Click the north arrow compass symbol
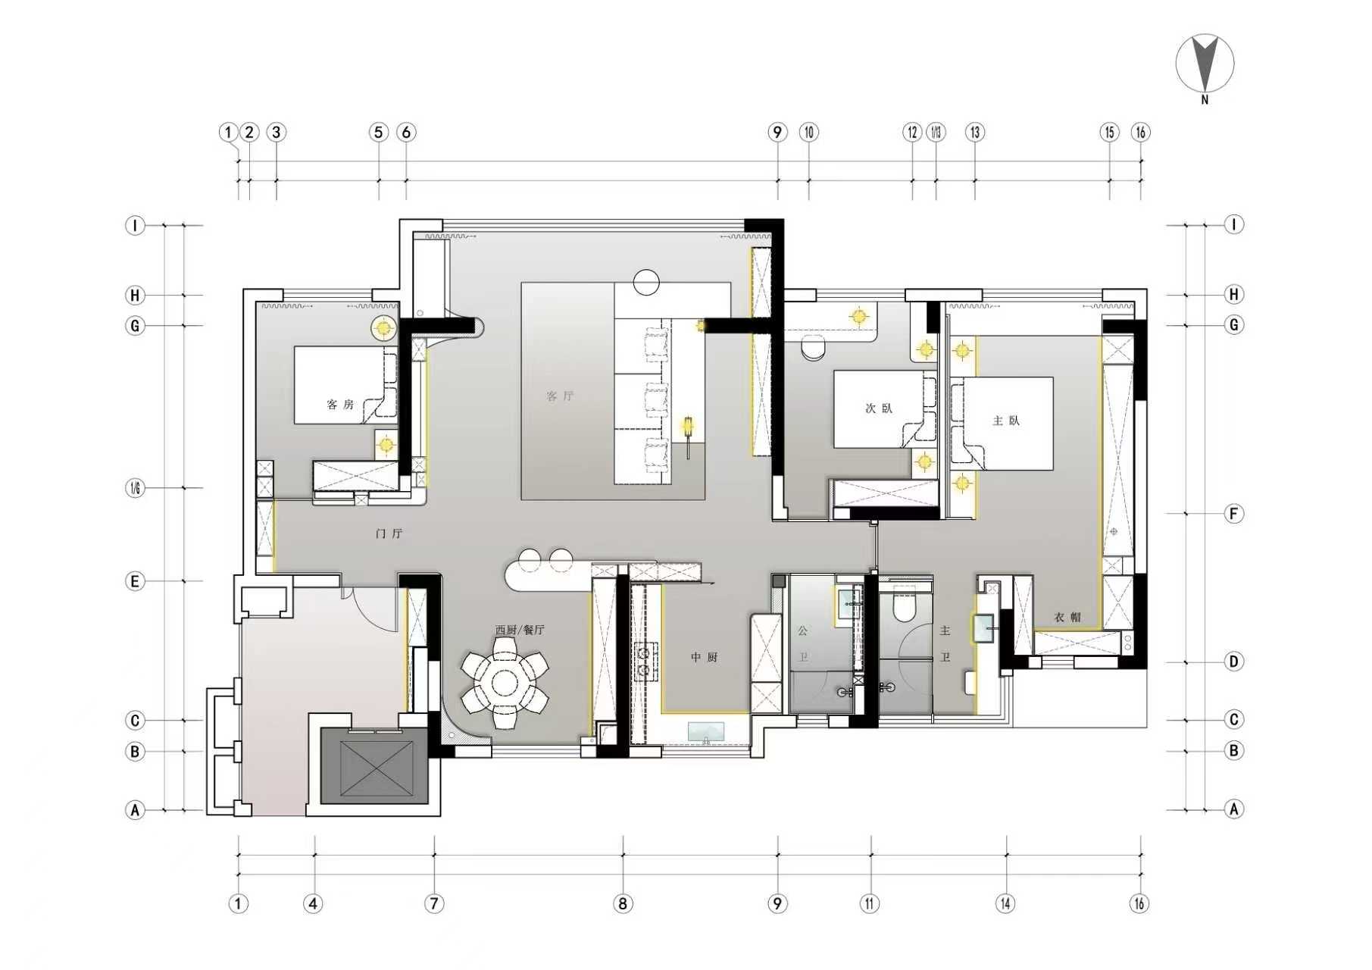tap(1205, 64)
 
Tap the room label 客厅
tap(560, 396)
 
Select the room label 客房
tap(340, 404)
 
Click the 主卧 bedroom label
tap(1006, 421)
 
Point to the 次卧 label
tap(879, 408)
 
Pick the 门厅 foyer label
tap(389, 533)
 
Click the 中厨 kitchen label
tap(704, 657)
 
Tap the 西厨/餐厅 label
tap(520, 630)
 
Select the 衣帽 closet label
tap(1067, 618)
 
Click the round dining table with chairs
tap(505, 684)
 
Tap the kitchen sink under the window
tap(705, 732)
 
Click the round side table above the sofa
tap(646, 282)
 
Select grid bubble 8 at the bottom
tap(623, 903)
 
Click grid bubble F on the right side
tap(1233, 514)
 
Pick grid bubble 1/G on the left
tap(135, 488)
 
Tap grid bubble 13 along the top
tap(974, 132)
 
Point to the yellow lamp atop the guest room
tap(383, 327)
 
